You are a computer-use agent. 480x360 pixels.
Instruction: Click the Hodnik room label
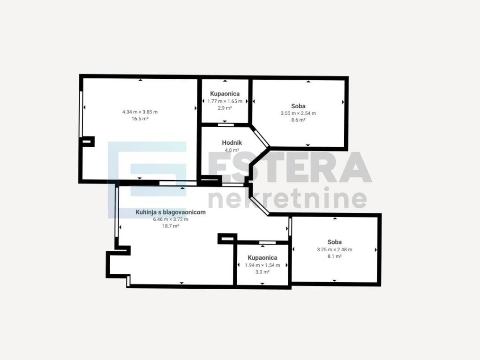click(x=232, y=142)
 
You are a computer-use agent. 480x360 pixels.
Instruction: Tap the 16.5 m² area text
click(x=140, y=119)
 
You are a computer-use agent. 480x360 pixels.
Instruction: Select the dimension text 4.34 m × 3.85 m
click(x=140, y=112)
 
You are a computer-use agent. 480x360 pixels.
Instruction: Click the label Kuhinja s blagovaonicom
click(x=171, y=212)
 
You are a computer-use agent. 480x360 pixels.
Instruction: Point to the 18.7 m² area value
click(x=171, y=226)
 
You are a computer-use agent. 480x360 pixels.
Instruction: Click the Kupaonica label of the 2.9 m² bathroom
click(x=225, y=94)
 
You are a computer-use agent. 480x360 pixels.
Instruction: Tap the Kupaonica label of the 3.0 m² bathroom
click(x=262, y=258)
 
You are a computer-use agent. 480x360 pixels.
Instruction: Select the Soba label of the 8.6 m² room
click(x=298, y=106)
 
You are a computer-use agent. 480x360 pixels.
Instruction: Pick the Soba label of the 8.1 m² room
click(x=335, y=242)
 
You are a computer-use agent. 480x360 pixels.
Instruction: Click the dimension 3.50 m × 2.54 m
click(x=298, y=113)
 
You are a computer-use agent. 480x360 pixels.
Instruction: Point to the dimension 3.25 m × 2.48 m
click(x=335, y=249)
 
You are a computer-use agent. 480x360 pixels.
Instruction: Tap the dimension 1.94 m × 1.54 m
click(x=262, y=265)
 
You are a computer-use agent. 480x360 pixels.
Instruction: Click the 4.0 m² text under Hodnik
click(x=232, y=150)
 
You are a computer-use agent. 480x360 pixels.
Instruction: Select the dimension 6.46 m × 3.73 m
click(x=171, y=219)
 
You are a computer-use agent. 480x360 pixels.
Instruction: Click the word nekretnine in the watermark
click(x=288, y=198)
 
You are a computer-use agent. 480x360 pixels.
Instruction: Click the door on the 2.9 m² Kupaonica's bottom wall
click(x=226, y=125)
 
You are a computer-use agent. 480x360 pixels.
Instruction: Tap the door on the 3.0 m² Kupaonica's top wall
click(x=268, y=243)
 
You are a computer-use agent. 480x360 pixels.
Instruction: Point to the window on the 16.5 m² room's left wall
click(x=81, y=114)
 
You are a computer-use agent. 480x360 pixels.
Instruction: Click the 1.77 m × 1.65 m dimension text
click(x=225, y=101)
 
